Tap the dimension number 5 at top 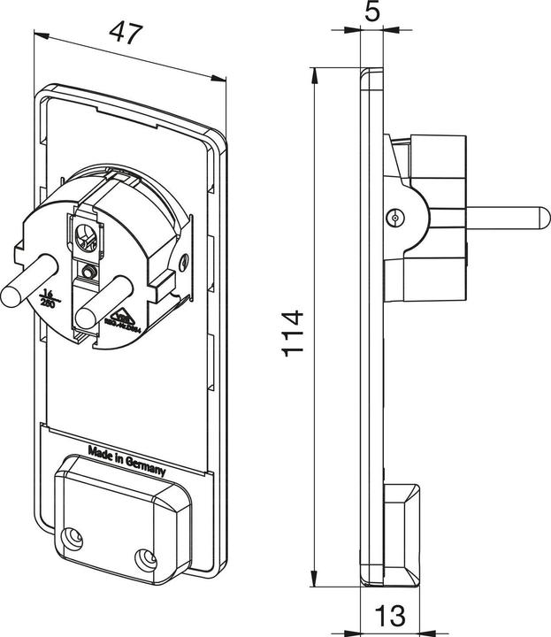click(x=372, y=12)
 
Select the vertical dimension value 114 click(x=293, y=334)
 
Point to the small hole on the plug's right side click(x=182, y=262)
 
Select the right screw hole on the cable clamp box click(x=144, y=559)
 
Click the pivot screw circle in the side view click(x=394, y=216)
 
